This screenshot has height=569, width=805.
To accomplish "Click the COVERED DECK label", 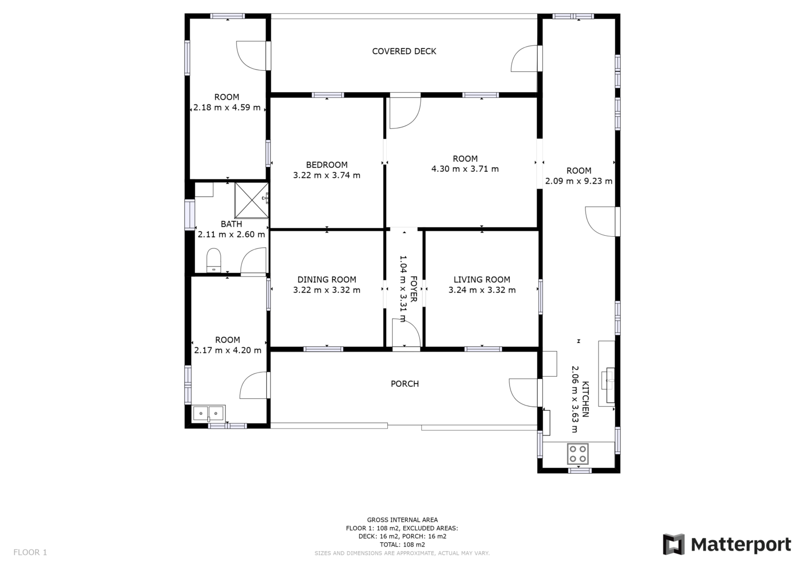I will point(404,51).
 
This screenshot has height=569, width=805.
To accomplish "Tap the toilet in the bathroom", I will point(213,260).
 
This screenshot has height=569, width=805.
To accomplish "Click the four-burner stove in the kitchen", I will point(578,454).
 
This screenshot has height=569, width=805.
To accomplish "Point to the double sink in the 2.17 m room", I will point(209,413).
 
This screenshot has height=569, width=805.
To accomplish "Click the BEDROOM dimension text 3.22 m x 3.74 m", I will point(327,176).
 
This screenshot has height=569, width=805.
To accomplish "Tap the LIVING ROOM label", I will point(482,280).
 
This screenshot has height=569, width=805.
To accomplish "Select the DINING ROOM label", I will point(327,280).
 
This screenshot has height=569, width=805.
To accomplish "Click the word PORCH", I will point(405,384).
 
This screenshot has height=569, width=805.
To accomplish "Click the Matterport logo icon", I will point(673,544).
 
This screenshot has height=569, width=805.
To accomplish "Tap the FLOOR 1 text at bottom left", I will point(30,552).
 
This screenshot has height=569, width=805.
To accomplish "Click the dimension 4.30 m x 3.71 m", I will point(465,169).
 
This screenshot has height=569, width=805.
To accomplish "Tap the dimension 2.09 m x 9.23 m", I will point(579,181).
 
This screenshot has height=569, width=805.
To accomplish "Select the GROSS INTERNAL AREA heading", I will point(402,520).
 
